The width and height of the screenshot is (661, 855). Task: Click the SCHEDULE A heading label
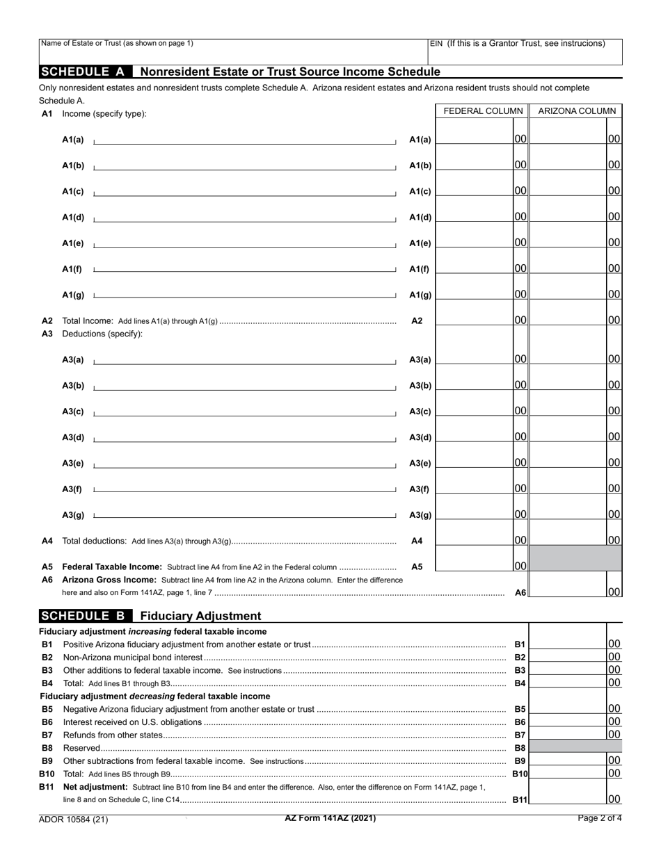coord(86,72)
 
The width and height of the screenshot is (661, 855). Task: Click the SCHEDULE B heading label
coord(86,616)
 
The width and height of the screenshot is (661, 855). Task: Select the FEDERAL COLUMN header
coord(483,111)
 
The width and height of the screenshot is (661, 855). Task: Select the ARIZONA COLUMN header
coord(577,111)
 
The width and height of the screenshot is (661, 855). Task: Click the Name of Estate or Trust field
coord(233,53)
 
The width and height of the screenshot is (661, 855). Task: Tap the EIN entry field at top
coord(525,53)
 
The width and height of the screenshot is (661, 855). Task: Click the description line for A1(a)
coord(244,140)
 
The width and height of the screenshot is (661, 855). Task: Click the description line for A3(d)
coord(244,437)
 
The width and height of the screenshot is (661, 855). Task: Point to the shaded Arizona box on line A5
coord(576,559)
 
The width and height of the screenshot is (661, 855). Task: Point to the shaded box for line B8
coord(575,747)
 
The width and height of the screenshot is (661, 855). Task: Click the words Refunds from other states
coord(112,735)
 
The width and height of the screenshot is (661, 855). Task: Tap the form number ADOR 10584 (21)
coord(74,819)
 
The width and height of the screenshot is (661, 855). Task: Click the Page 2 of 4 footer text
coord(600,818)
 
